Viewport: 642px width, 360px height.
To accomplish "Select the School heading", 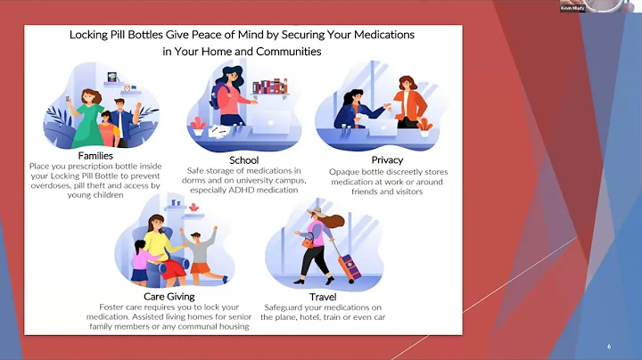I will [243, 160].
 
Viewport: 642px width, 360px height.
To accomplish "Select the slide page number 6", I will [608, 346].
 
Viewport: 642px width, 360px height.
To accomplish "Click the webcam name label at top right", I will [573, 8].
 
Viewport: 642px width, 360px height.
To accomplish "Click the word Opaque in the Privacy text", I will [345, 172].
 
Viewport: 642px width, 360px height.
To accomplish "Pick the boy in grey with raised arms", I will [201, 250].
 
